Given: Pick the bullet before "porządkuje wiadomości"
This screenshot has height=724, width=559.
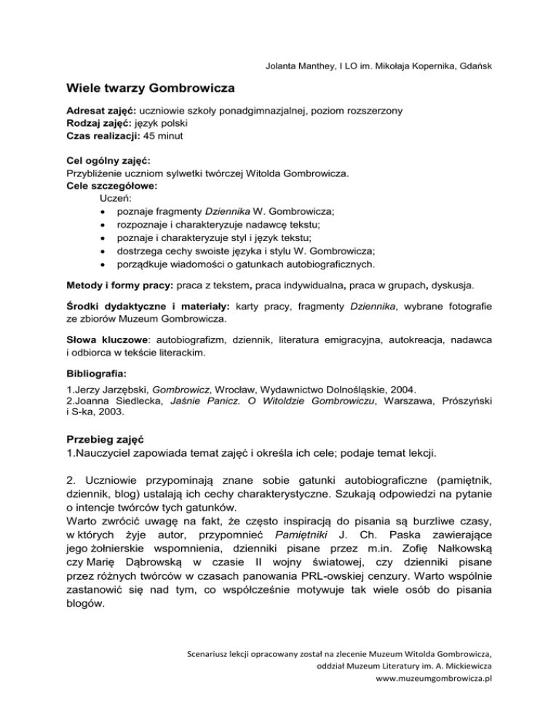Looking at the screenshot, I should click(106, 264).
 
